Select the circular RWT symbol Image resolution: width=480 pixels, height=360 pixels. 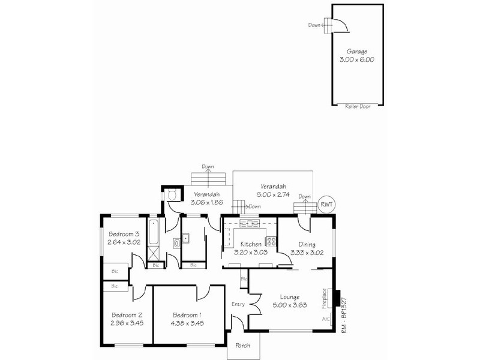[326, 204]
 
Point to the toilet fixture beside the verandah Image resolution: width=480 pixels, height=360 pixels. [172, 194]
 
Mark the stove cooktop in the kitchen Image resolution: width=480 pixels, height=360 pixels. [271, 242]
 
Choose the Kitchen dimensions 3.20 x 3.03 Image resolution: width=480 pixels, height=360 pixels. [250, 253]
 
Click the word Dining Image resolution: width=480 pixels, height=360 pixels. [307, 244]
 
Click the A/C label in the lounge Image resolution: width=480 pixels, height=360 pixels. [325, 319]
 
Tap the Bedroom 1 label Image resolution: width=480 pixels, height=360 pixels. [187, 315]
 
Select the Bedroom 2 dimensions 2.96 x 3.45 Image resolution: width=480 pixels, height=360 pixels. [127, 323]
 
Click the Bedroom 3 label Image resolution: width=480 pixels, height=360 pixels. [124, 234]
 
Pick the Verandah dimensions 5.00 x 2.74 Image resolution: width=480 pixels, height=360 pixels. [274, 194]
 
